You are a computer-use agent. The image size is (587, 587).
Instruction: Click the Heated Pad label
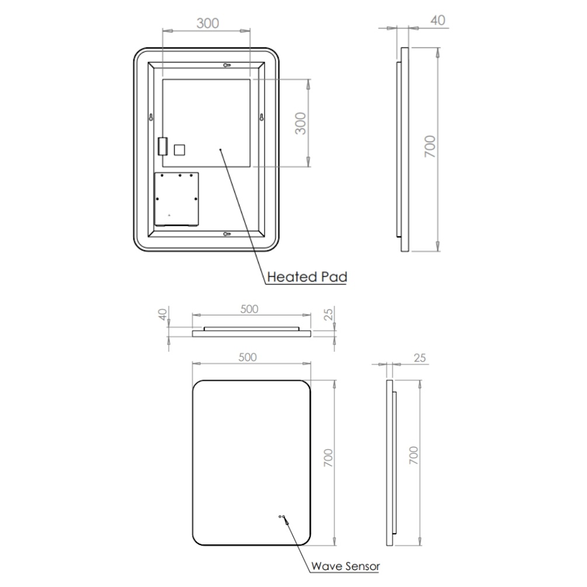click(x=307, y=277)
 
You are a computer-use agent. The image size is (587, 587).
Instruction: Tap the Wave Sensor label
click(x=345, y=567)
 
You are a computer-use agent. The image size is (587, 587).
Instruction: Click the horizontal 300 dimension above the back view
click(x=208, y=23)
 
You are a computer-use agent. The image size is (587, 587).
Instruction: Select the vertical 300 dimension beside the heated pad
click(x=300, y=123)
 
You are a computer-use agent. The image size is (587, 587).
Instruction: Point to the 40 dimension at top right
click(x=437, y=20)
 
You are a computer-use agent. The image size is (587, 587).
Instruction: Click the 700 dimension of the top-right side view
click(x=430, y=147)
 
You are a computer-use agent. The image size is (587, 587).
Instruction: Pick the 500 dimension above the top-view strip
click(x=249, y=309)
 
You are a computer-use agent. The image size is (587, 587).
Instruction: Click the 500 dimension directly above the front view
click(x=248, y=357)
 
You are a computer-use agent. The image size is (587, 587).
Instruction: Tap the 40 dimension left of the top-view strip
click(x=162, y=314)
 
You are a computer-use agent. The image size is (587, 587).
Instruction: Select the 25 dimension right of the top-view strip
click(x=328, y=314)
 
